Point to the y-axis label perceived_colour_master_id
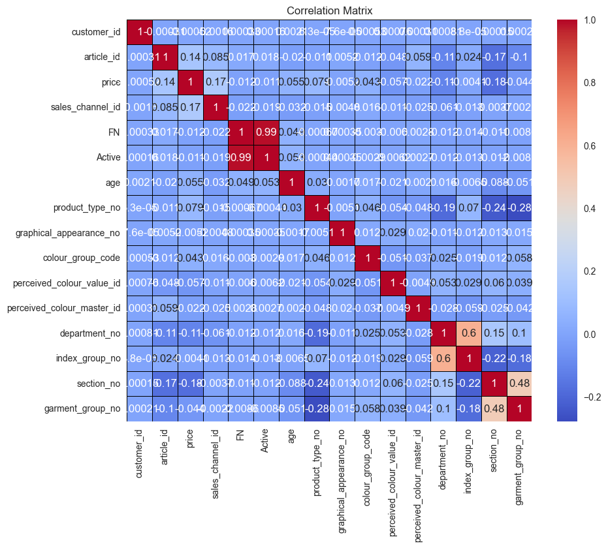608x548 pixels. point(63,308)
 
